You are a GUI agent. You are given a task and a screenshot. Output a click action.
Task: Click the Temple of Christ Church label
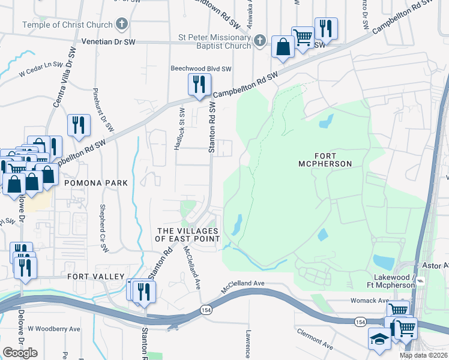point(67,25)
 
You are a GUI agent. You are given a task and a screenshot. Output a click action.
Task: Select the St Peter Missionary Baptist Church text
point(214,41)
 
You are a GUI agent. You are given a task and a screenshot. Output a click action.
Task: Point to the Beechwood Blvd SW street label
point(201,69)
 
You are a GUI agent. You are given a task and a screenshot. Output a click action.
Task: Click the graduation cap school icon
point(379,339)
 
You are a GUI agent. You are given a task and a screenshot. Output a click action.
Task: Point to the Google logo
point(20,352)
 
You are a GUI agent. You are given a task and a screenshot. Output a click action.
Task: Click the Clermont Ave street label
point(315,338)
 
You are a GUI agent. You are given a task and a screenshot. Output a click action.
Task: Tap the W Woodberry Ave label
point(53,329)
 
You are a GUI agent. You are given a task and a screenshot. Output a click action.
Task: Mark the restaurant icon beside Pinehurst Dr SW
point(79,125)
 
